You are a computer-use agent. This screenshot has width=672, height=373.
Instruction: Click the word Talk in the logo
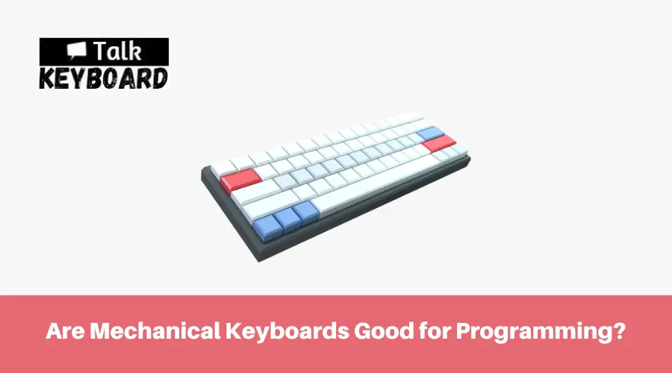point(117,51)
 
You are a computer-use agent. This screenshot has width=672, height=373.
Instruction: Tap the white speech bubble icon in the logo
point(77,50)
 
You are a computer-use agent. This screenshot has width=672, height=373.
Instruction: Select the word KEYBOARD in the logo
point(104,78)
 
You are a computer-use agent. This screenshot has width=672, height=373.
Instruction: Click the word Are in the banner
point(65,331)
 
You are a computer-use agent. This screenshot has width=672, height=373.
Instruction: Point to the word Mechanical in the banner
point(155,331)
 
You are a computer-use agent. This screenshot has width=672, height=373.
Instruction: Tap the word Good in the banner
point(384,331)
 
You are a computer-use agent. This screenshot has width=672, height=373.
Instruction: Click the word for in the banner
point(434,331)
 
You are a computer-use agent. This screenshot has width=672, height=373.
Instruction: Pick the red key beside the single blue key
point(438,143)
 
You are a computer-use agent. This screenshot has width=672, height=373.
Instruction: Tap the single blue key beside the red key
point(430,133)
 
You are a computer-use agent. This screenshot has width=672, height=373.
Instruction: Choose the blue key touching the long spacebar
point(305,212)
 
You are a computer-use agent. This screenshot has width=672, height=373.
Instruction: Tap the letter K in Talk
point(134,51)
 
